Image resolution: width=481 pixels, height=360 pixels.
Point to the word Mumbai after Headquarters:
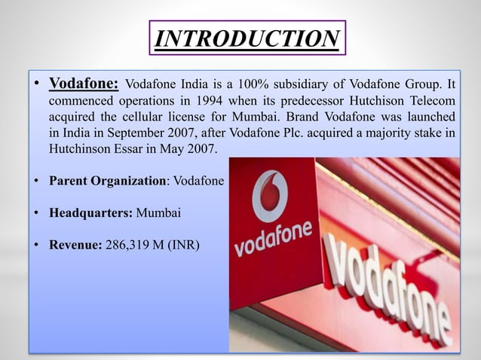click(158, 213)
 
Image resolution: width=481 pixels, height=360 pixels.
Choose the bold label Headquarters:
click(90, 213)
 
